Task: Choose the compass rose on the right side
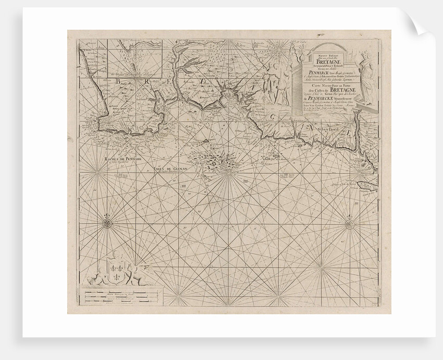pos(349,224)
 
